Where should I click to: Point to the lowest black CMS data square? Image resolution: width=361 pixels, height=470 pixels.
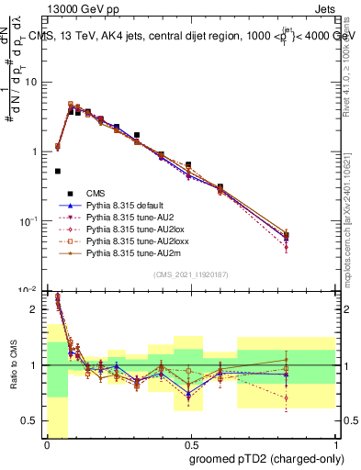(x=58, y=171)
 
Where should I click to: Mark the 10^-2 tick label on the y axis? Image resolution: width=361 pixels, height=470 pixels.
(x=29, y=289)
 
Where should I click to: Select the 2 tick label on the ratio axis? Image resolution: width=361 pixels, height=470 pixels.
(x=36, y=310)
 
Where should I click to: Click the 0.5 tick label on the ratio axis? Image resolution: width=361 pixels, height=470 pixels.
(x=32, y=420)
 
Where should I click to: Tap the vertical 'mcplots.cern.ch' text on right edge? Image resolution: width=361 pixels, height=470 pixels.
(x=353, y=220)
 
